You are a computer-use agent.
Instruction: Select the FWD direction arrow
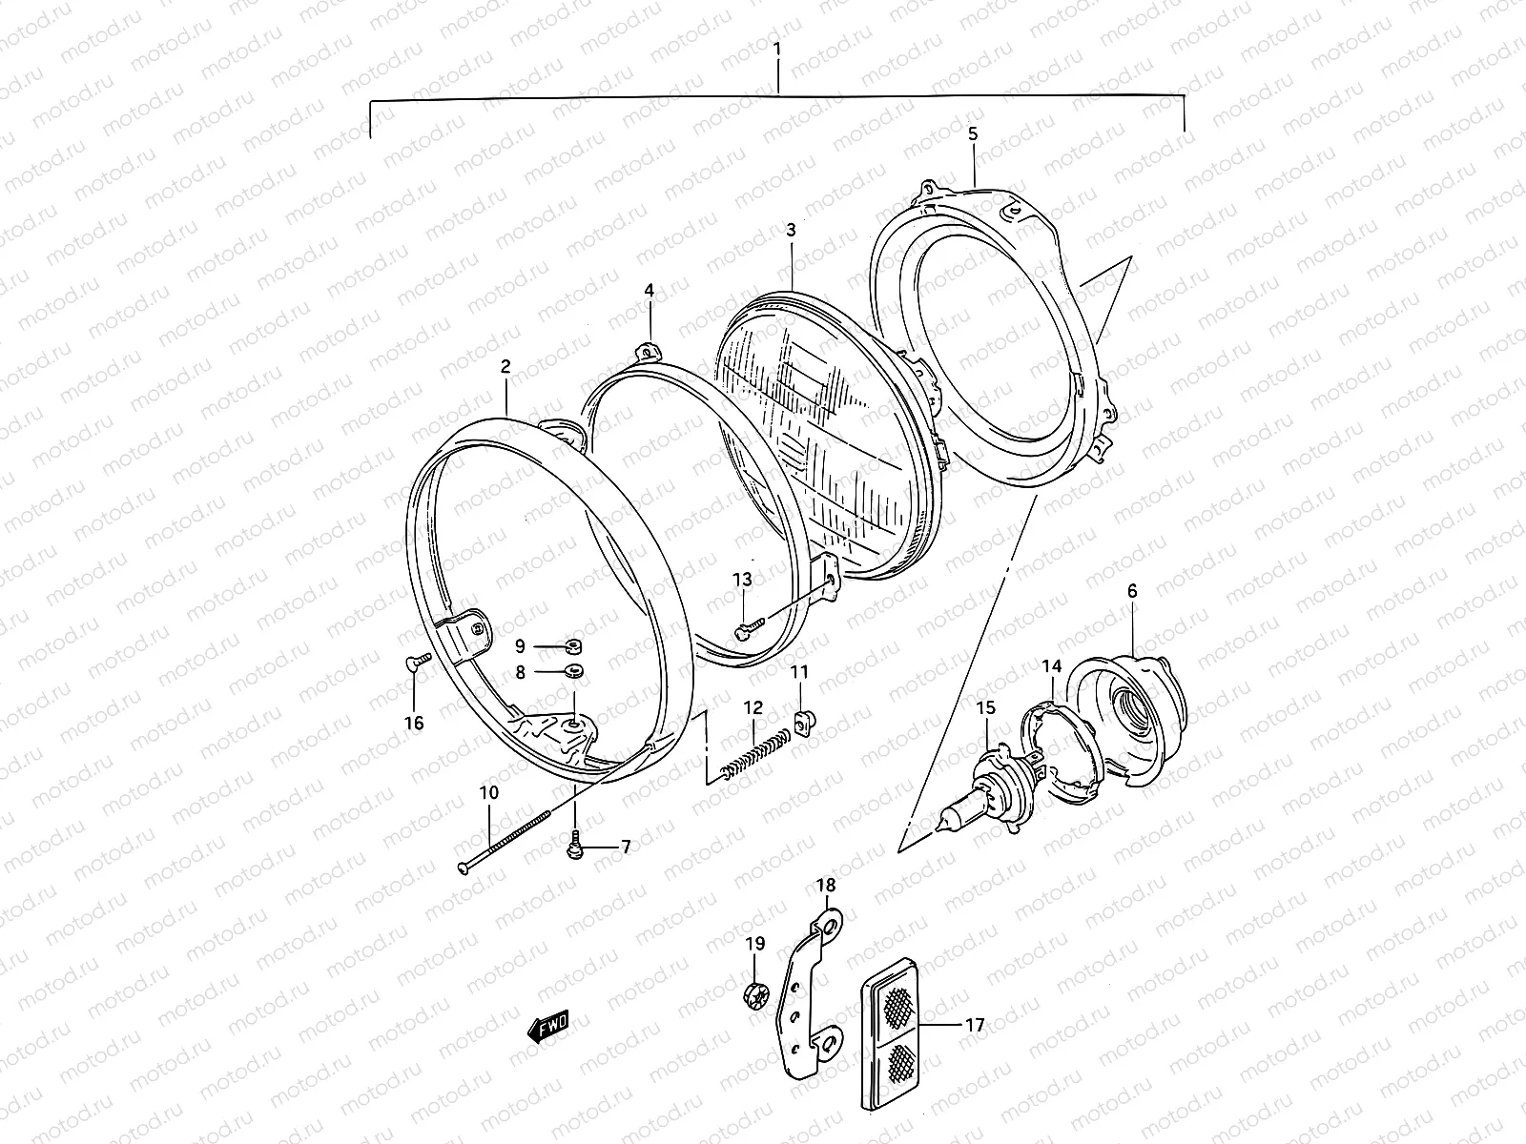point(548,1027)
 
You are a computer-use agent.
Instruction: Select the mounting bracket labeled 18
point(809,991)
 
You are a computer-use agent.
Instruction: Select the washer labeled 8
point(573,672)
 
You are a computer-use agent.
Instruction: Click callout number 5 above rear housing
point(973,134)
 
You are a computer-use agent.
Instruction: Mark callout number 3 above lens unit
point(791,230)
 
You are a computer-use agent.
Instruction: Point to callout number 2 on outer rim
point(505,365)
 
